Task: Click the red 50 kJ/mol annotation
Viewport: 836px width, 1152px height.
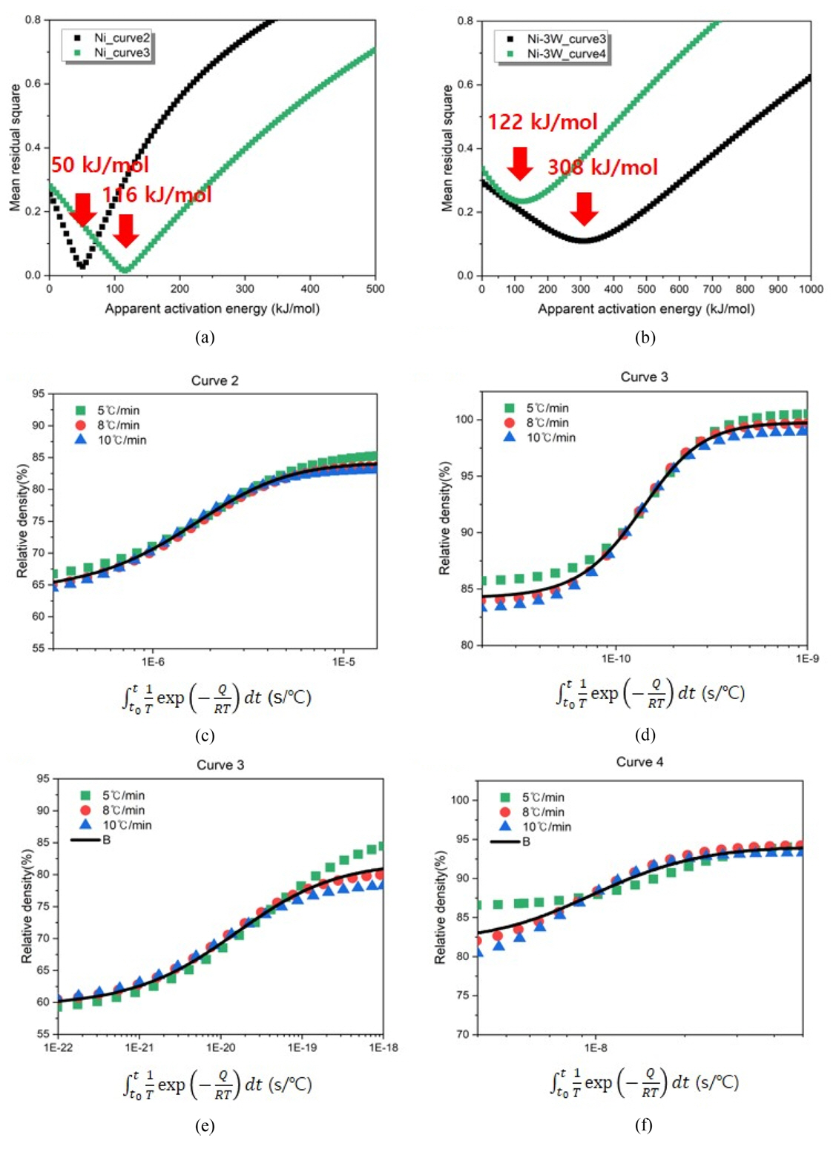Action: [x=99, y=165]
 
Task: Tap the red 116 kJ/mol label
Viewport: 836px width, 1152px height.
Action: [x=157, y=195]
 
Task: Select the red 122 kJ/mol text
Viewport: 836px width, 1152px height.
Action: [x=542, y=122]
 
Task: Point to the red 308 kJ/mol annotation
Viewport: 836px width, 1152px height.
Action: [x=602, y=167]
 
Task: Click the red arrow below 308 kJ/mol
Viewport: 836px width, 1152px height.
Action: [x=585, y=208]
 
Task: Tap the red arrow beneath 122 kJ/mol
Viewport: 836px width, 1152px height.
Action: [x=521, y=163]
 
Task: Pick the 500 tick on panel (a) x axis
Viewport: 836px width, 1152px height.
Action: [x=375, y=289]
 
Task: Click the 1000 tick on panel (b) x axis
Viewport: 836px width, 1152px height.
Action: [x=810, y=289]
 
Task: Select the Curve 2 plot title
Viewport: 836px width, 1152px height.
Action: [x=215, y=381]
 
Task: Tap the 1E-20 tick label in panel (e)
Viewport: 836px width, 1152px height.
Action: [x=220, y=1047]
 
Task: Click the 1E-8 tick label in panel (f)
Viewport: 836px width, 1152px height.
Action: [x=595, y=1047]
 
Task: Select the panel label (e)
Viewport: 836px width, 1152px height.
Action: [x=205, y=1126]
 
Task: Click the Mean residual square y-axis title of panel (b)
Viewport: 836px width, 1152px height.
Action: [x=447, y=148]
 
